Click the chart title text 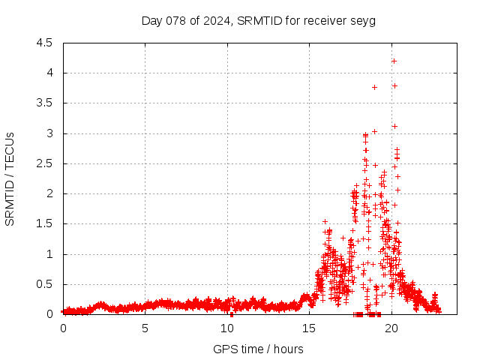tap(259, 20)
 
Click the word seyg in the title tap(363, 20)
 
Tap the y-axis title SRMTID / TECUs tap(10, 178)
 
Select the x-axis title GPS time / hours tap(258, 349)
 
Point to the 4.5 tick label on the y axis tap(44, 43)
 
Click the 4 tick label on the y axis tap(49, 73)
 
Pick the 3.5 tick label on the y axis tap(44, 103)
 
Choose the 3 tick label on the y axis tap(49, 133)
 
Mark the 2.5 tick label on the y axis tap(44, 163)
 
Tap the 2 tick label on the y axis tap(49, 193)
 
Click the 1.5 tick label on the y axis tap(44, 223)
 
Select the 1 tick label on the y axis tap(49, 254)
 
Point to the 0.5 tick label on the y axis tap(44, 284)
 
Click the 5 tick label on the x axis tap(145, 328)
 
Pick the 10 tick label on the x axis tap(227, 328)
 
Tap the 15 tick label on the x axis tap(309, 328)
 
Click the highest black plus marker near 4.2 tap(394, 61)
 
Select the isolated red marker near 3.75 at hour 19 tap(374, 87)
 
